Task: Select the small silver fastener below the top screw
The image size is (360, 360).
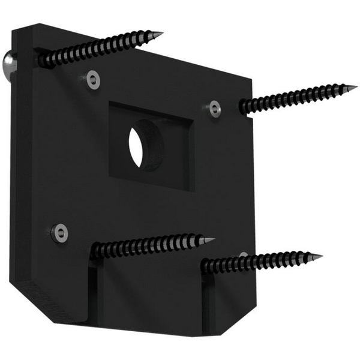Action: pyautogui.click(x=92, y=79)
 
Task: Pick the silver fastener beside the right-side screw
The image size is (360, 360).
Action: pyautogui.click(x=214, y=109)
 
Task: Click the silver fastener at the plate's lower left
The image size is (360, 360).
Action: pyautogui.click(x=59, y=232)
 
